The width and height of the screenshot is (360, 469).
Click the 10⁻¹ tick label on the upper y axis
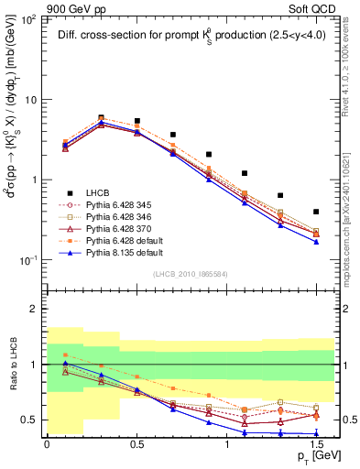(x=29, y=261)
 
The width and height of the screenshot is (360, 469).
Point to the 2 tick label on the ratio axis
(x=35, y=309)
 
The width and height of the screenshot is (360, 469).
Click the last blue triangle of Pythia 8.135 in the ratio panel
(x=316, y=433)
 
